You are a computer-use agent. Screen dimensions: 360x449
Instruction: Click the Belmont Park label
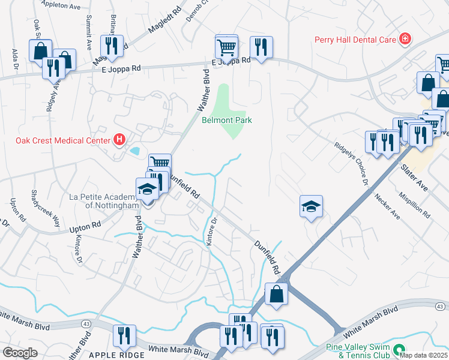click(226, 120)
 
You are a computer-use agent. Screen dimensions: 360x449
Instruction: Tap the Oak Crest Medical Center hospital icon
click(119, 140)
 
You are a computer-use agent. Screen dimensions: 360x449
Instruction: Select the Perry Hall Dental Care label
click(355, 40)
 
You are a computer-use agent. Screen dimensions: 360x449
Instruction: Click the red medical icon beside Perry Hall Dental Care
click(405, 40)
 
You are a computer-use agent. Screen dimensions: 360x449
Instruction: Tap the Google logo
click(20, 352)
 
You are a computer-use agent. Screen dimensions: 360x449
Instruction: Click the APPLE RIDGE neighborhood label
click(116, 355)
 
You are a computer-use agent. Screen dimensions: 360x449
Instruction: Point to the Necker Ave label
click(387, 206)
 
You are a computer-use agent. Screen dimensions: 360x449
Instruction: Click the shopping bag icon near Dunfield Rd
click(276, 295)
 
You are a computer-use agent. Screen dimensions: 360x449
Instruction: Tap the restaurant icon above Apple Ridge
click(124, 335)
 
